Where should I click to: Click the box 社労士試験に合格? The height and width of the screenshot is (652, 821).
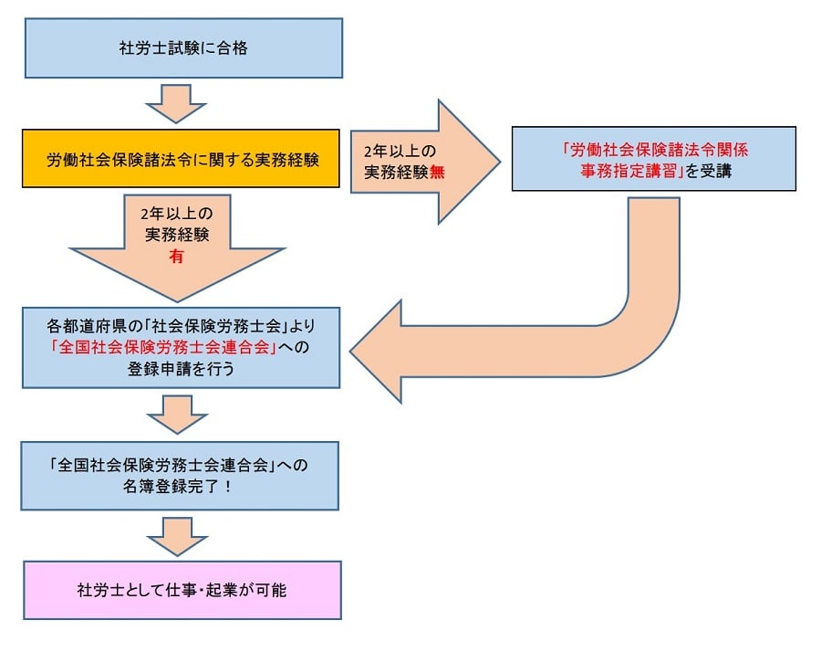pyautogui.click(x=182, y=48)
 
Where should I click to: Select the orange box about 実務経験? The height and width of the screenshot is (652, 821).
pyautogui.click(x=182, y=159)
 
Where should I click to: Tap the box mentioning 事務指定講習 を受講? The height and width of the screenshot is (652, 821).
pyautogui.click(x=653, y=159)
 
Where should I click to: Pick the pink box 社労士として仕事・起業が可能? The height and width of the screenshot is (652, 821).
pyautogui.click(x=182, y=590)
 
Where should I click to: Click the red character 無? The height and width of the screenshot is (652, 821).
pyautogui.click(x=438, y=174)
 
